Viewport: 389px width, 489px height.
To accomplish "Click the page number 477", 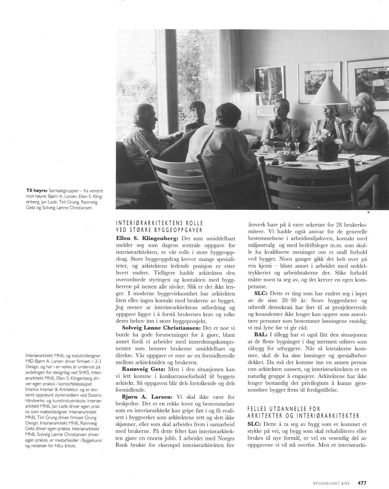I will pos(362,474).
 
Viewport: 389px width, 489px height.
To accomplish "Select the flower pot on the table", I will pos(326,151).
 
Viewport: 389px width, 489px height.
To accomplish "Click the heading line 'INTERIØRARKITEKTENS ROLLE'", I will pos(159,223).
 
